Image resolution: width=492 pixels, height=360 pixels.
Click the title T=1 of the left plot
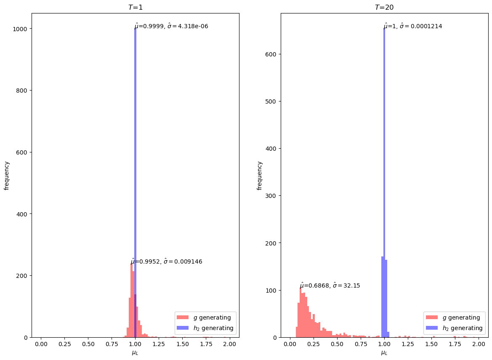point(135,7)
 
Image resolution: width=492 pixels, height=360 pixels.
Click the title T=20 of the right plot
point(384,7)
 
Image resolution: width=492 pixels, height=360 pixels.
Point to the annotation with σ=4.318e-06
point(172,26)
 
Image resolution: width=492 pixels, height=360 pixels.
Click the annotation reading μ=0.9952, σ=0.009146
point(167,261)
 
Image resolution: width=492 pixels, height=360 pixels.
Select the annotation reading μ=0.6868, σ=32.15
point(330,285)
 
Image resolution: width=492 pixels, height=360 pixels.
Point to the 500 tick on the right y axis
point(271,101)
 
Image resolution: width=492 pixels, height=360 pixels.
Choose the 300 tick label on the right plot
point(271,196)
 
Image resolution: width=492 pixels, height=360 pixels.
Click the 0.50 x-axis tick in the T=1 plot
point(88,345)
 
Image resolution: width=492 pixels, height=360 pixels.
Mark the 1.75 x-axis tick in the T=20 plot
point(455,345)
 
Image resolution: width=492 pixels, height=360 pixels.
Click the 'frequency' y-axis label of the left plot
point(7,175)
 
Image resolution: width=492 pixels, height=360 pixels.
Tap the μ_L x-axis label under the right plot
point(384,353)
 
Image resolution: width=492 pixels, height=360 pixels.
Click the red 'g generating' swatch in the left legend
point(183,317)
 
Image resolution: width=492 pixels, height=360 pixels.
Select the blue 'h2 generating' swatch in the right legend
point(431,328)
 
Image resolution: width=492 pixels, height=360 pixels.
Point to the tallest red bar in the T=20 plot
point(301,314)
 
